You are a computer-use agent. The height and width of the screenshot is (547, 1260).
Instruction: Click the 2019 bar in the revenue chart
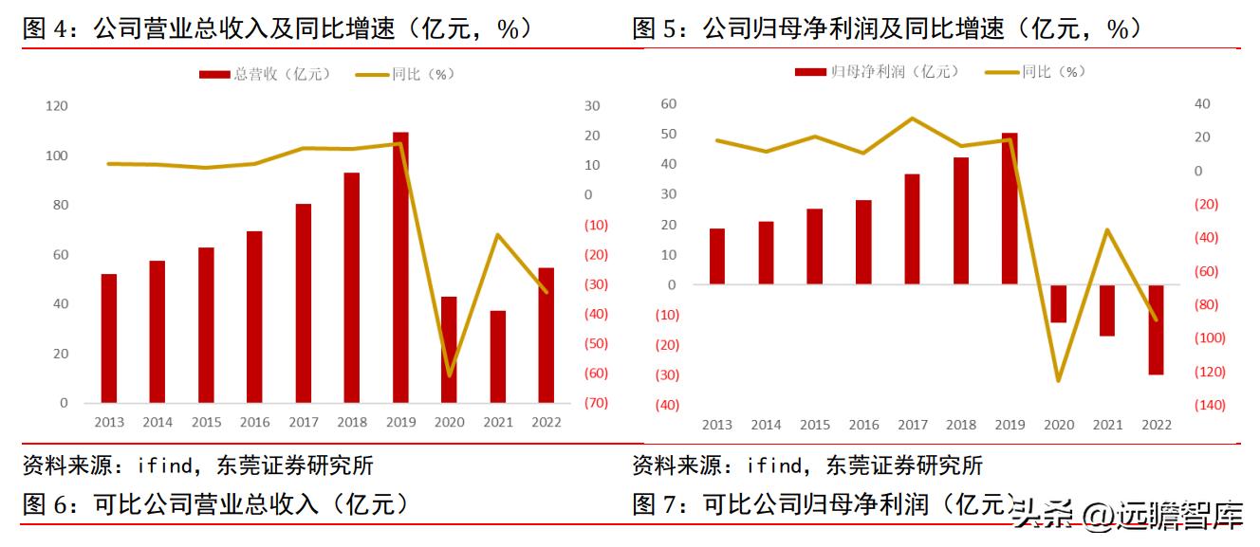pyautogui.click(x=400, y=267)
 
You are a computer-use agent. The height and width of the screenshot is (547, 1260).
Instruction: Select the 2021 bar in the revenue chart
pyautogui.click(x=498, y=356)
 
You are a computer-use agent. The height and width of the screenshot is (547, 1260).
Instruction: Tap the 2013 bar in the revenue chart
pyautogui.click(x=109, y=338)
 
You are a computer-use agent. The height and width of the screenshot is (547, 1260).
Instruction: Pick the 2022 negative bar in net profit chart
pyautogui.click(x=1156, y=329)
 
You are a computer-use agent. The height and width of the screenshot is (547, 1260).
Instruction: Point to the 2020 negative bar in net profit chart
pyautogui.click(x=1058, y=303)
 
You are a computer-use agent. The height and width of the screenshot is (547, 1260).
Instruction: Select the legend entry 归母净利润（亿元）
pyautogui.click(x=878, y=71)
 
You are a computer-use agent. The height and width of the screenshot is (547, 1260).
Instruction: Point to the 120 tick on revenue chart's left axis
pyautogui.click(x=56, y=106)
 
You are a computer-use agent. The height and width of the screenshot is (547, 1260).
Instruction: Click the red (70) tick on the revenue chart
pyautogui.click(x=597, y=403)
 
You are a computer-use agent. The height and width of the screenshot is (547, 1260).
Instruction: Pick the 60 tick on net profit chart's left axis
pyautogui.click(x=668, y=103)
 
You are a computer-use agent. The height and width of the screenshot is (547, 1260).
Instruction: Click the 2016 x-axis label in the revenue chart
pyautogui.click(x=254, y=422)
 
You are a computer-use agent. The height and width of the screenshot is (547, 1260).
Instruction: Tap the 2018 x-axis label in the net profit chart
pyautogui.click(x=960, y=426)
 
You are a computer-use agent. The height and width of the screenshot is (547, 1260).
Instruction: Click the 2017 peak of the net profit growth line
pyautogui.click(x=912, y=119)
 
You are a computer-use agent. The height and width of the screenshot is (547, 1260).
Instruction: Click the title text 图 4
pyautogui.click(x=47, y=29)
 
